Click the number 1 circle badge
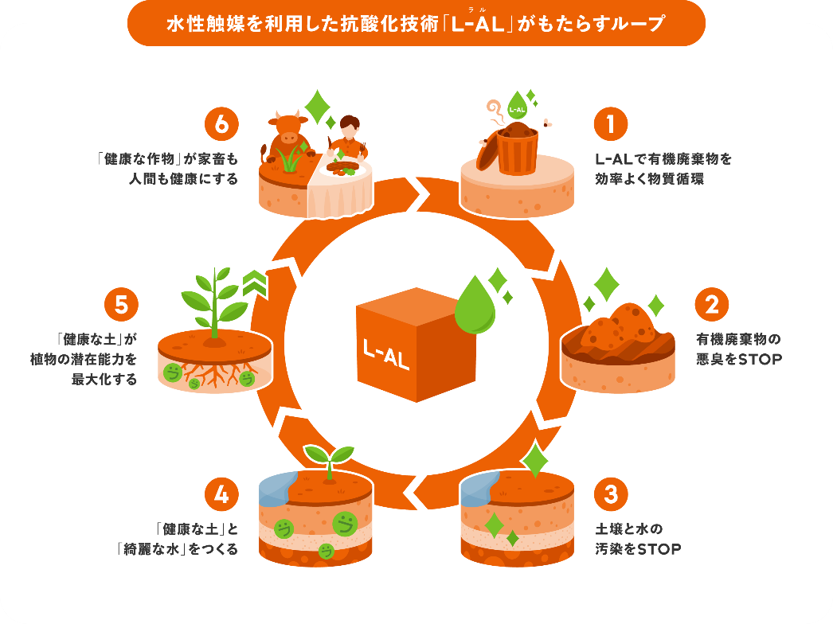[x=610, y=124]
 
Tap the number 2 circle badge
[x=712, y=304]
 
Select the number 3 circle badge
[x=610, y=494]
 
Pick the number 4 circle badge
[x=221, y=494]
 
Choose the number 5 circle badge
[x=121, y=304]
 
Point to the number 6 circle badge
[x=221, y=124]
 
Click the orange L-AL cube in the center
[x=414, y=345]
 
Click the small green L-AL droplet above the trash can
[x=517, y=106]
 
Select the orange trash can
[x=510, y=149]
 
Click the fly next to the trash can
[x=547, y=123]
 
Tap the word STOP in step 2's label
[x=761, y=360]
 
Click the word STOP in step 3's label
[x=659, y=549]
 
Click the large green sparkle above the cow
[x=318, y=107]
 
